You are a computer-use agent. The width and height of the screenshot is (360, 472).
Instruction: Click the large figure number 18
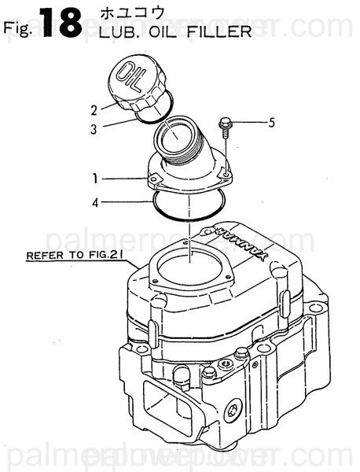(60, 24)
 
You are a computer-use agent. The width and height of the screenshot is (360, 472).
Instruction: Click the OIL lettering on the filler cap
(130, 76)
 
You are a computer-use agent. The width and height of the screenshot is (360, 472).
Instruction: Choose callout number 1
(95, 179)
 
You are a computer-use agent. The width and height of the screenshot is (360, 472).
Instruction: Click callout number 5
(271, 122)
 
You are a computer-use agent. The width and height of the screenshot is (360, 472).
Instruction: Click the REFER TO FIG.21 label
(75, 255)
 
